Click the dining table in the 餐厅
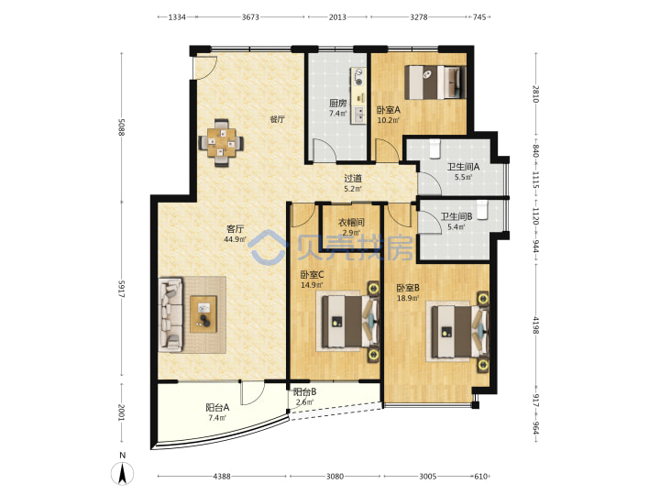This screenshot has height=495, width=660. (x=222, y=143)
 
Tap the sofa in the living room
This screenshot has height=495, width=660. (x=170, y=314)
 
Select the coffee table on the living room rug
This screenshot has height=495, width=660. (x=203, y=314)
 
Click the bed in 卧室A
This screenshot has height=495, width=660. (x=435, y=82)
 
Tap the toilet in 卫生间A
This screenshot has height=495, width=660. (x=434, y=148)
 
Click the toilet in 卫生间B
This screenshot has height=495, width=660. (x=482, y=210)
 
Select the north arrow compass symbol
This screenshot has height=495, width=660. (x=123, y=472)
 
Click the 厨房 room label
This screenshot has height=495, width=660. (x=337, y=103)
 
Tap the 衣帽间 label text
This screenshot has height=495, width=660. (x=351, y=222)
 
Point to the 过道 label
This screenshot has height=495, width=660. (x=353, y=179)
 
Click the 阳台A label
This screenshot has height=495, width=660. (x=217, y=407)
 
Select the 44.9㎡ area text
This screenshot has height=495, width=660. (x=235, y=239)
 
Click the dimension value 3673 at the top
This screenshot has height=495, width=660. (x=250, y=16)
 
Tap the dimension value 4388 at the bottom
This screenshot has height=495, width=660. (x=222, y=477)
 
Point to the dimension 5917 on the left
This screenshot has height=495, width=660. (x=122, y=289)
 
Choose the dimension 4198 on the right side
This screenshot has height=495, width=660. (x=536, y=324)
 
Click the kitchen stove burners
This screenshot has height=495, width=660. (x=359, y=77)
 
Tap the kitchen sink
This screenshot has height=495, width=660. (x=359, y=115)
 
